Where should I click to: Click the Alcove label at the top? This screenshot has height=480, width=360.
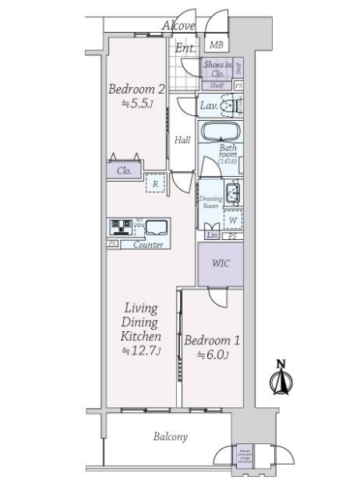point(178,26)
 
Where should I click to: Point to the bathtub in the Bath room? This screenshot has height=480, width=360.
point(219,132)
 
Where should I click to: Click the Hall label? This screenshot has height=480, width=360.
point(182,140)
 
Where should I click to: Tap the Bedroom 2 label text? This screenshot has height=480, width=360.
point(137,90)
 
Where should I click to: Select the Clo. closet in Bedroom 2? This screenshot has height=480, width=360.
point(125,170)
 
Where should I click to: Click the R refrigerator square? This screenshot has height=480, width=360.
point(155,184)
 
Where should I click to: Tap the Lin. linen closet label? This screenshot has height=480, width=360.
point(212,235)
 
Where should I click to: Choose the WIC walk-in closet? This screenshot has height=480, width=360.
point(220,263)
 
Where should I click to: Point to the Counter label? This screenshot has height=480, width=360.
point(148,244)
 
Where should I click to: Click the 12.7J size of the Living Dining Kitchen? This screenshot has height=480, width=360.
point(142,351)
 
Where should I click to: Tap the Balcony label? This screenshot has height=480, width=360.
point(170,437)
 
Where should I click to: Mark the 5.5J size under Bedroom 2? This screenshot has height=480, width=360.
point(136,104)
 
